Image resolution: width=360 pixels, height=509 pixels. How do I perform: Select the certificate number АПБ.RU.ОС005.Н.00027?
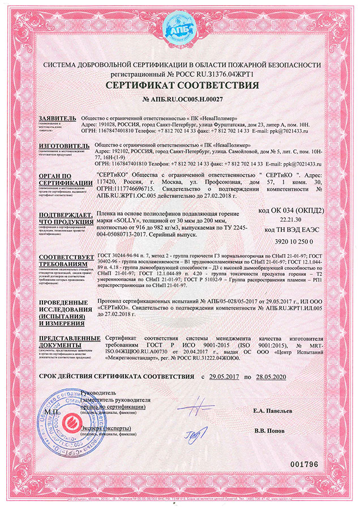(180, 100)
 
